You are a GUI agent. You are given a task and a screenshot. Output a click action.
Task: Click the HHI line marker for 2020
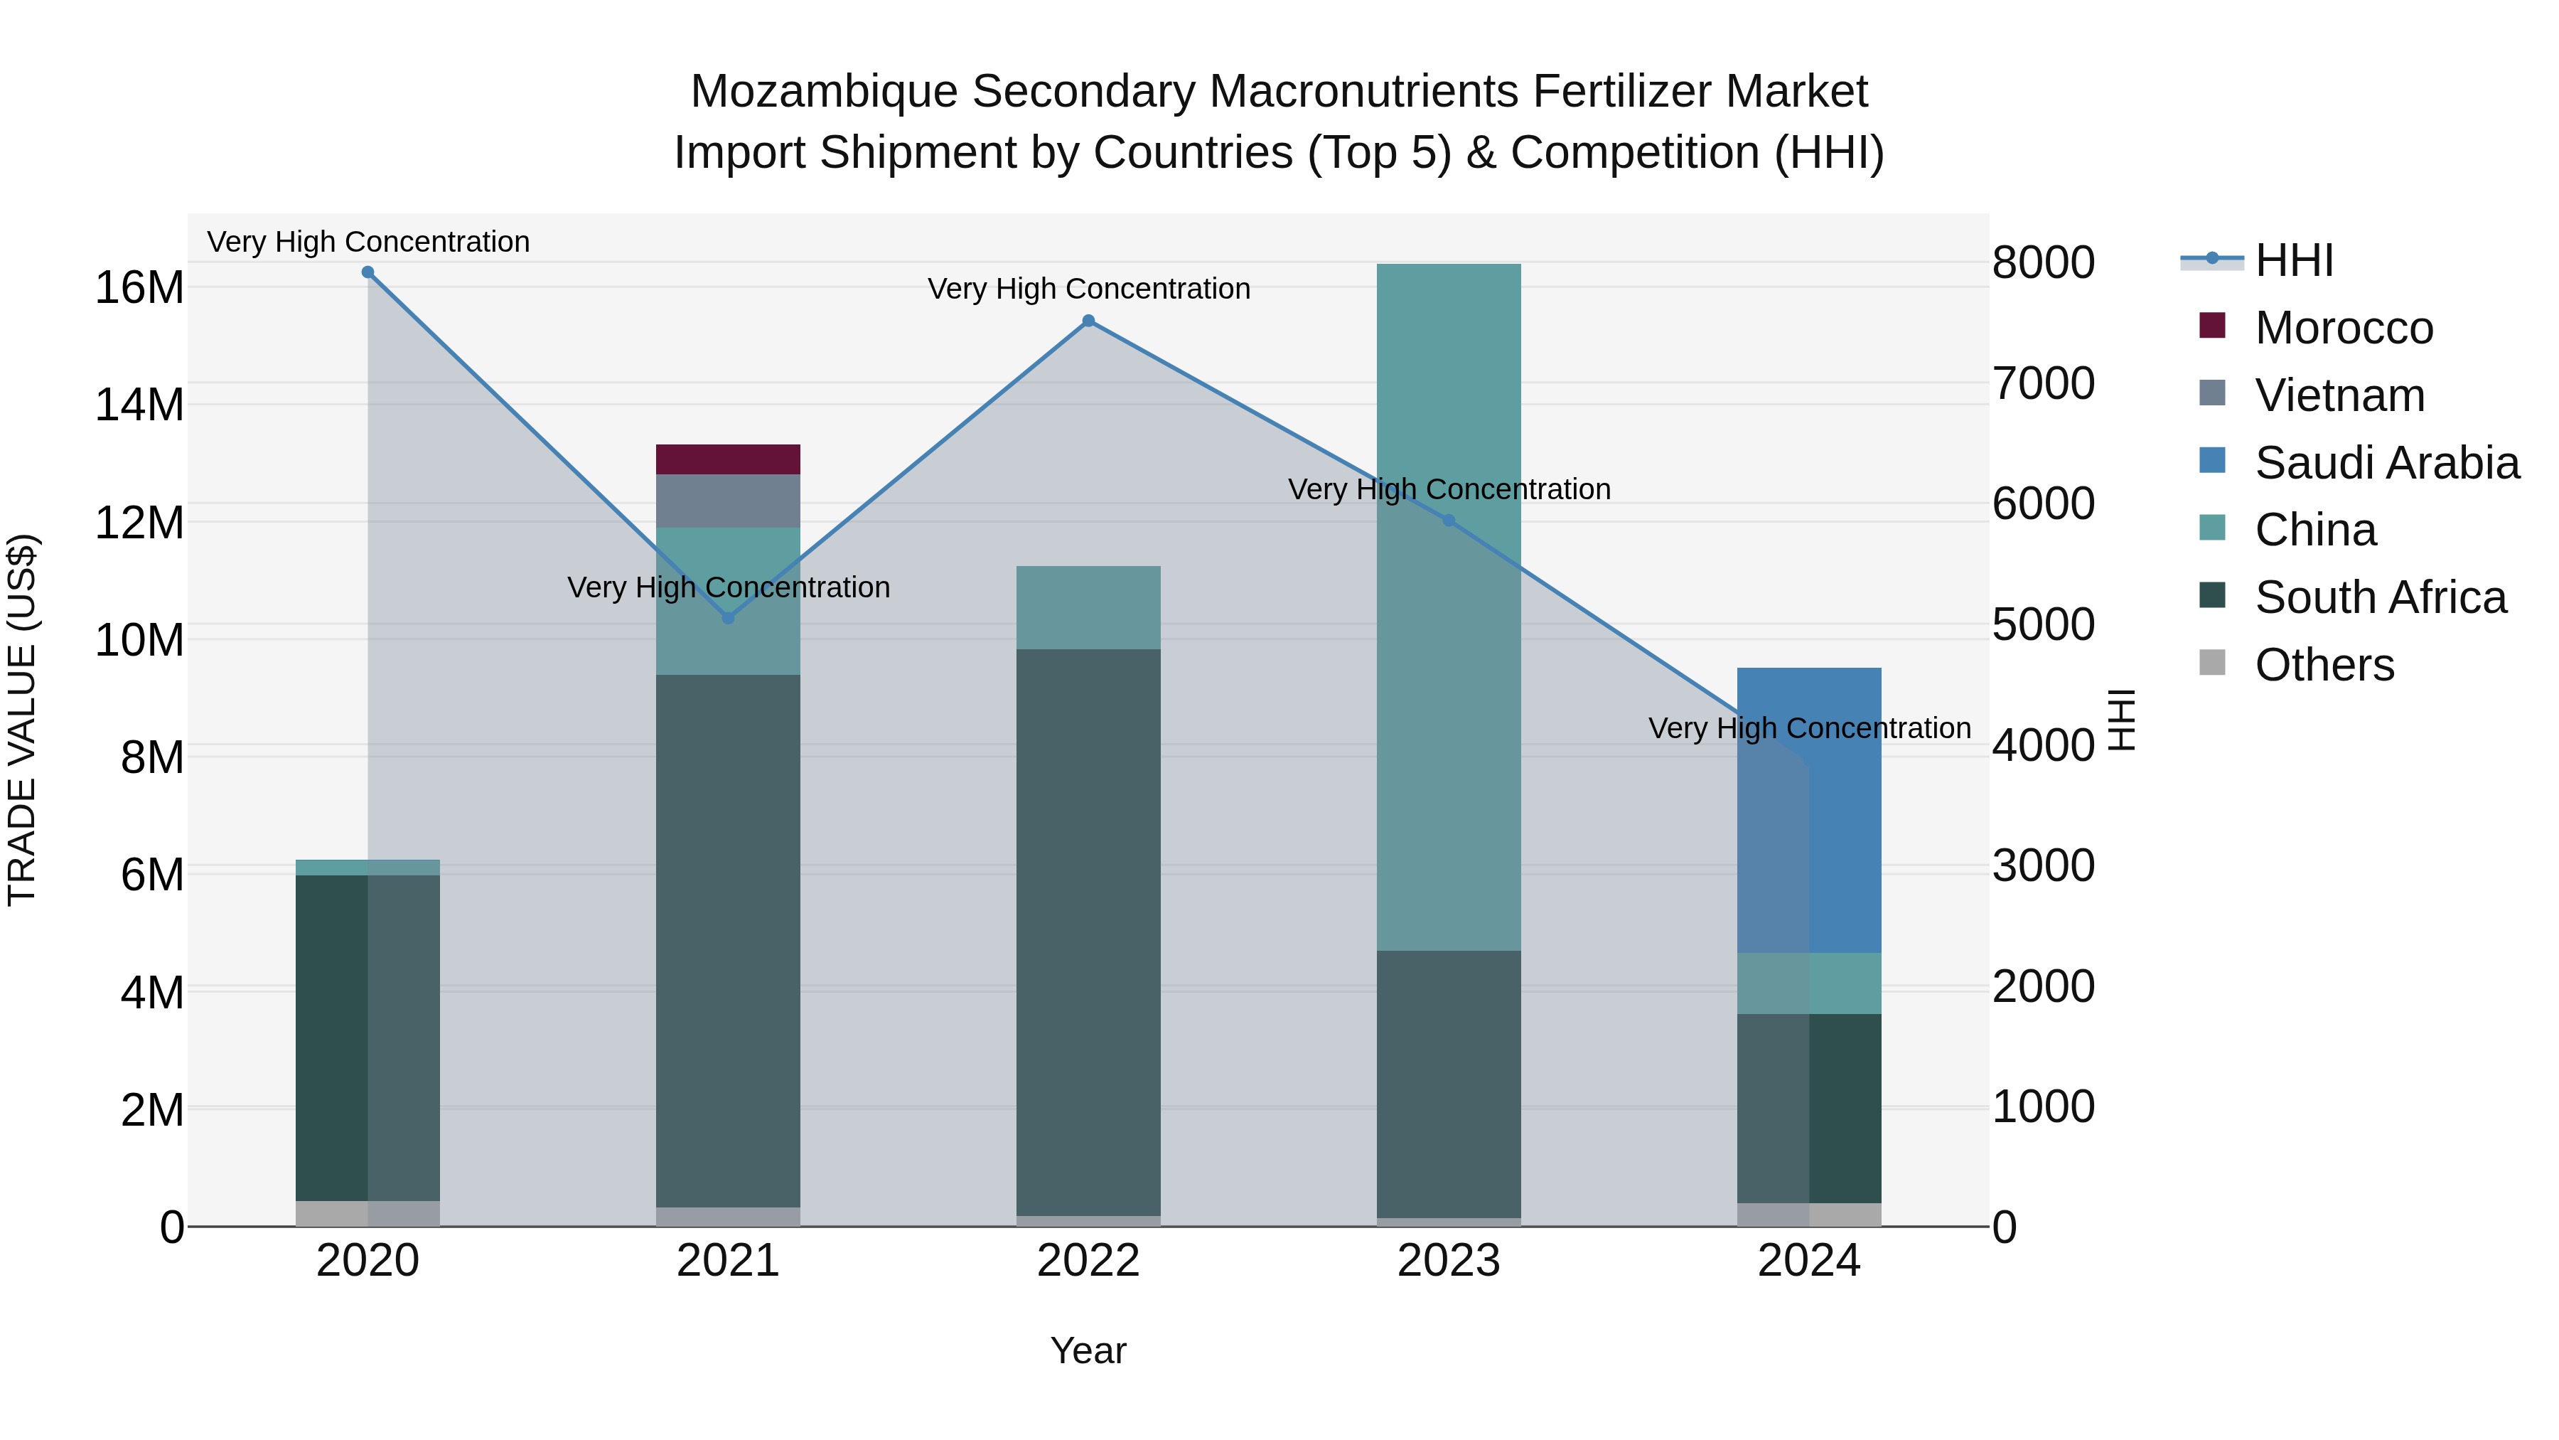pos(368,272)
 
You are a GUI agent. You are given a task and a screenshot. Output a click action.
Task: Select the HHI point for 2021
pos(728,618)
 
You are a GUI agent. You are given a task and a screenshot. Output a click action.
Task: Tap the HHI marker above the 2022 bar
pos(1089,321)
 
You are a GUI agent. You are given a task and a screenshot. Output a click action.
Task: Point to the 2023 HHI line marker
pos(1449,521)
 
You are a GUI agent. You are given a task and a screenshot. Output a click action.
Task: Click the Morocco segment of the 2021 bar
pos(728,459)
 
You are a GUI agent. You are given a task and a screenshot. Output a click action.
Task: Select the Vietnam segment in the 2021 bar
pos(728,501)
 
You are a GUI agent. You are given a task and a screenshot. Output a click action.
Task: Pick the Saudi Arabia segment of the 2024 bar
pos(1809,810)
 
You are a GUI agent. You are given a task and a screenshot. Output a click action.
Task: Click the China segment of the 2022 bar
pos(1089,607)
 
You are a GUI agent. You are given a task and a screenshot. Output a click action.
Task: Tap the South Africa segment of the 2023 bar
pos(1449,1083)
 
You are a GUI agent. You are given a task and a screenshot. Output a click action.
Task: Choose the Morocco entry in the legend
pos(2344,328)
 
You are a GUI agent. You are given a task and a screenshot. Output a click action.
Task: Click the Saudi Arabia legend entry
pos(2386,463)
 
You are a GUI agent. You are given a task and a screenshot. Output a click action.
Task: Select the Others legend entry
pos(2324,665)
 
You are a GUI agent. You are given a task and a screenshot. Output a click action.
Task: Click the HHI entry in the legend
pos(2294,260)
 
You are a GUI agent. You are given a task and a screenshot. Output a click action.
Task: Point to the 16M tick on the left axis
pos(139,288)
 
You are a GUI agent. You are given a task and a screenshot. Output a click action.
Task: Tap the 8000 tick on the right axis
pos(2044,263)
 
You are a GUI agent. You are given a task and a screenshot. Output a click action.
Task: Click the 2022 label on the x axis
pos(1089,1261)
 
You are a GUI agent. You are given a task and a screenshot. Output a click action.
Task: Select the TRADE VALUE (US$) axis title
pos(22,720)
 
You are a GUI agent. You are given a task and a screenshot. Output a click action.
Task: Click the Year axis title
pos(1089,1350)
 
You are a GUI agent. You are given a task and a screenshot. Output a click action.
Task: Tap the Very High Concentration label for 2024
pos(1809,728)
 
